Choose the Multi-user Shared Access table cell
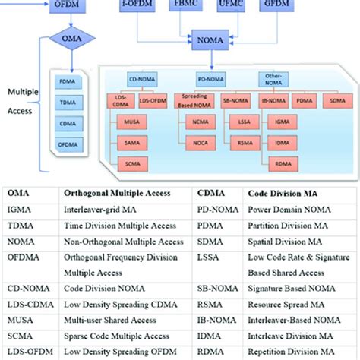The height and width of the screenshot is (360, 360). click(114, 317)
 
